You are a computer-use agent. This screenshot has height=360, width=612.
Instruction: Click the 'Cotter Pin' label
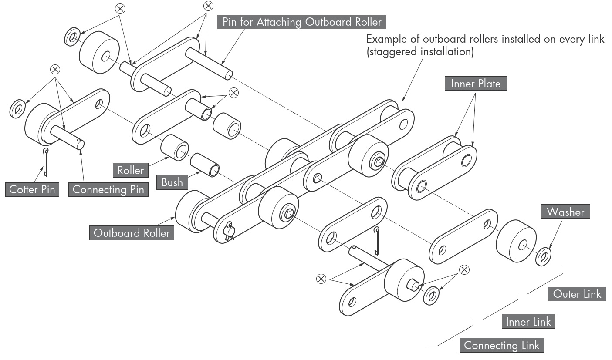click(32, 190)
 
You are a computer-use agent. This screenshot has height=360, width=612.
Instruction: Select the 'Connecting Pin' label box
click(108, 190)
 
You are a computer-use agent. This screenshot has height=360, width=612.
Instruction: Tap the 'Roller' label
click(130, 170)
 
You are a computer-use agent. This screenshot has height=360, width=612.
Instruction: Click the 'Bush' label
click(172, 182)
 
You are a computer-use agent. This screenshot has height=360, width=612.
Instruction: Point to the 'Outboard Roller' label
click(132, 233)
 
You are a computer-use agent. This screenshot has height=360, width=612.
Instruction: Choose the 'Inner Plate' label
click(476, 84)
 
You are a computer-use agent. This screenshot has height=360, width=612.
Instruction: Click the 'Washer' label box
click(565, 212)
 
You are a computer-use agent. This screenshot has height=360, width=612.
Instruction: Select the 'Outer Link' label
click(577, 294)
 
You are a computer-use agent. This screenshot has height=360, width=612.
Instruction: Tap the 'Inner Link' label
click(528, 322)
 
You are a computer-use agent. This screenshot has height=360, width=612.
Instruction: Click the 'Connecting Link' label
click(501, 346)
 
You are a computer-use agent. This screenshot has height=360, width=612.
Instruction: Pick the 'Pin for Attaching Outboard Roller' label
click(301, 22)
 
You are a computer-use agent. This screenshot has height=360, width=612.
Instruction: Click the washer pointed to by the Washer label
click(543, 257)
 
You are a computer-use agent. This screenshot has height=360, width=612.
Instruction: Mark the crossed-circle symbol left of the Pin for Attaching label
click(209, 6)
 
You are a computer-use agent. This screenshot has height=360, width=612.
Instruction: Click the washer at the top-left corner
click(71, 37)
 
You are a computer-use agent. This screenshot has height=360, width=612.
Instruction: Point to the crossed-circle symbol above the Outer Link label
click(464, 269)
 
